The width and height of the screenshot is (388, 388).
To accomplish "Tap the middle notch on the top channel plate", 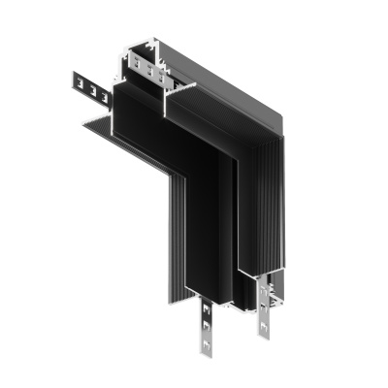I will click(x=145, y=66).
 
